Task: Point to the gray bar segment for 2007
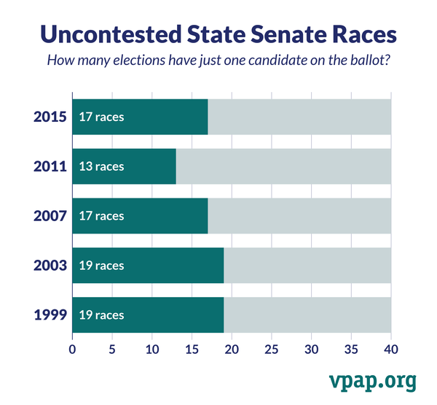click(299, 216)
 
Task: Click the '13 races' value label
click(101, 166)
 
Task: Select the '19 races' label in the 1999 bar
click(101, 315)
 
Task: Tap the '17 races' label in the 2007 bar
click(101, 216)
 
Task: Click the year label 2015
click(50, 117)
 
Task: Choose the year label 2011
click(50, 166)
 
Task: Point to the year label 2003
click(50, 266)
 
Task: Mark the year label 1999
click(50, 315)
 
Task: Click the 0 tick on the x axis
click(72, 350)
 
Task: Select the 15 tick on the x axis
click(192, 350)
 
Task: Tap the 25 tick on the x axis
click(272, 350)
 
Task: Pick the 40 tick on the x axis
click(391, 350)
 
